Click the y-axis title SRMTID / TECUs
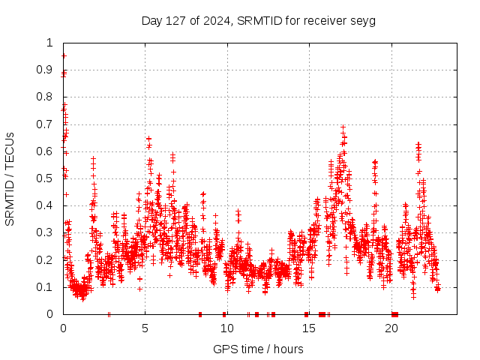[10, 178]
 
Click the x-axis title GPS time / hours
[258, 349]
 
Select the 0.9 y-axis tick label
[47, 70]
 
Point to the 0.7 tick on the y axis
[47, 124]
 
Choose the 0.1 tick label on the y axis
[47, 287]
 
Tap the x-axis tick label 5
[145, 328]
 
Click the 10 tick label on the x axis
[227, 328]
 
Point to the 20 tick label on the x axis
[391, 328]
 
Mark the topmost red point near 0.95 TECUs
[64, 55]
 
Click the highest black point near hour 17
[343, 127]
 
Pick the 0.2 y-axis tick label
[47, 260]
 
